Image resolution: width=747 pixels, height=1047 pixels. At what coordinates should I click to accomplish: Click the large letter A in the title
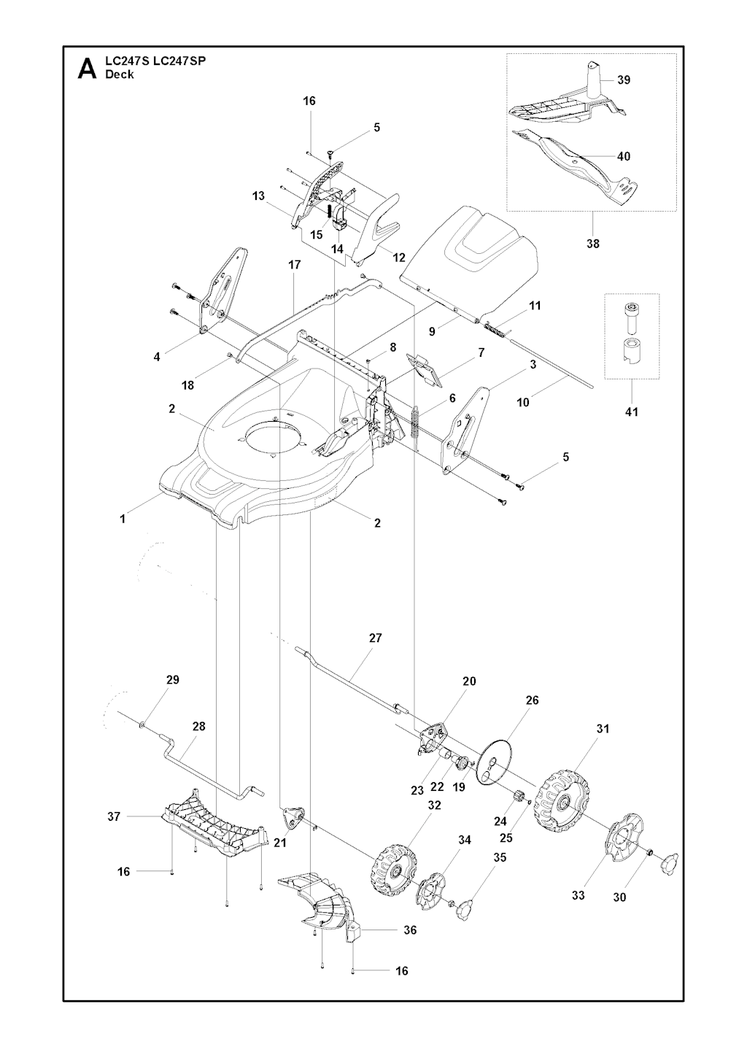(x=87, y=69)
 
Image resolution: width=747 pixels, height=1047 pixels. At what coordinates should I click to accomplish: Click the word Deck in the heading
(x=119, y=74)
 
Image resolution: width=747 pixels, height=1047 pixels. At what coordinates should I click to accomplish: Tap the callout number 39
(x=624, y=80)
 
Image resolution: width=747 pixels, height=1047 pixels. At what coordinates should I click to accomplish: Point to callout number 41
(x=632, y=412)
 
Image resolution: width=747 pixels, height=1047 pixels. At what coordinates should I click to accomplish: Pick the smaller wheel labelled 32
(x=394, y=868)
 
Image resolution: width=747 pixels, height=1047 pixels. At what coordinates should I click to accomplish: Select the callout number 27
(x=376, y=638)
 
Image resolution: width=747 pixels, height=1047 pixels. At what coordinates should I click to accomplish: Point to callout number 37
(x=114, y=816)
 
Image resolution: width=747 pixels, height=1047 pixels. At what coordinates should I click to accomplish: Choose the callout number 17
(x=294, y=265)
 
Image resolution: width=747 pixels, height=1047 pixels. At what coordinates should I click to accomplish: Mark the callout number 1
(x=123, y=519)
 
